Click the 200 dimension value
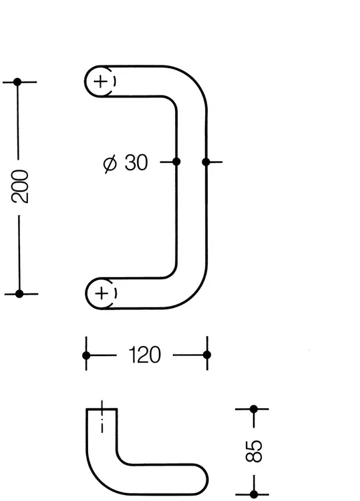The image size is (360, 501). click(x=20, y=186)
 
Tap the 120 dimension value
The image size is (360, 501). click(x=145, y=355)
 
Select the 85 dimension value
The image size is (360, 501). click(x=254, y=451)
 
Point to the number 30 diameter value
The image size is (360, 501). click(x=136, y=162)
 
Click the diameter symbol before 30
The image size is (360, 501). click(x=110, y=163)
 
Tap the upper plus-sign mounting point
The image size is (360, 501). click(x=101, y=81)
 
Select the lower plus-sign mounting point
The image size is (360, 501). click(x=102, y=293)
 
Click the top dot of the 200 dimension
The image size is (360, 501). click(x=17, y=82)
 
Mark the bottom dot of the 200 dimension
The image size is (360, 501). click(x=19, y=294)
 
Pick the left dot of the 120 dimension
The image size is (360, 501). click(x=86, y=355)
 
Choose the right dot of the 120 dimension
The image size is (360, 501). click(x=207, y=355)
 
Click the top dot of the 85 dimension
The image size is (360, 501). click(x=254, y=409)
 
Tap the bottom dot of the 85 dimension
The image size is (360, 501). click(x=254, y=494)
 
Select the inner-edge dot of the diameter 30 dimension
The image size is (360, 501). click(x=176, y=162)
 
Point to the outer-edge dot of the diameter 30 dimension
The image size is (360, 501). click(x=206, y=162)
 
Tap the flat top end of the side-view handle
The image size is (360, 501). click(x=102, y=409)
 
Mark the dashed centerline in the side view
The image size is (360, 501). click(x=102, y=417)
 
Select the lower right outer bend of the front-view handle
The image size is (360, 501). click(x=194, y=295)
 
